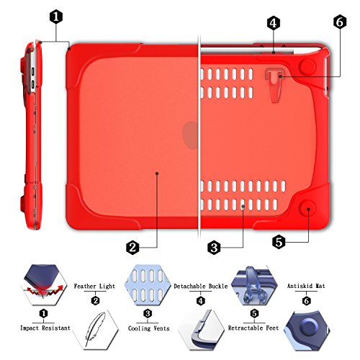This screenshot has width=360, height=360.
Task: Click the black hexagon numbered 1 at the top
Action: click(56, 17)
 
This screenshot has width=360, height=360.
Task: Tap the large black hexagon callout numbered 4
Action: click(274, 23)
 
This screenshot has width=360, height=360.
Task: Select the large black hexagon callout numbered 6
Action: click(340, 22)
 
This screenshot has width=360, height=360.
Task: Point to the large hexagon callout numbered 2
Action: click(132, 247)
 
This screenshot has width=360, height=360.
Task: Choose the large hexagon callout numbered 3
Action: click(214, 247)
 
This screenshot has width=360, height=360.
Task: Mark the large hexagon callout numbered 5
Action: click(279, 242)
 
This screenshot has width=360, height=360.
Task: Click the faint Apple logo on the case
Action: click(191, 135)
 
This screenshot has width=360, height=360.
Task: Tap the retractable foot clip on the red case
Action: click(275, 85)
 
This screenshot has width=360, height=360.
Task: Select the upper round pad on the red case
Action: click(307, 66)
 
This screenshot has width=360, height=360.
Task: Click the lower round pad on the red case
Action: click(307, 209)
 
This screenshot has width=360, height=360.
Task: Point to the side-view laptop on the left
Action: click(31, 135)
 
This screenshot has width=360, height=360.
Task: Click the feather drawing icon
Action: click(95, 329)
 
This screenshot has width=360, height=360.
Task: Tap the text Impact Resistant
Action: click(45, 328)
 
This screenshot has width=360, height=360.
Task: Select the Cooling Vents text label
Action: click(148, 328)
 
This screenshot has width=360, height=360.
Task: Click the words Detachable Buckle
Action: click(201, 286)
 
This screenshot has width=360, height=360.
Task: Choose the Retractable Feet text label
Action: click(253, 328)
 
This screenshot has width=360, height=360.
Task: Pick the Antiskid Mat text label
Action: click(306, 286)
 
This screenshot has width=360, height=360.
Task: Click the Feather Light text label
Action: click(94, 286)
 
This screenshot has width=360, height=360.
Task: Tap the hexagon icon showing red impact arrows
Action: click(43, 285)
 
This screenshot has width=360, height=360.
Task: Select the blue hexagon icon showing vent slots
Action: click(148, 285)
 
